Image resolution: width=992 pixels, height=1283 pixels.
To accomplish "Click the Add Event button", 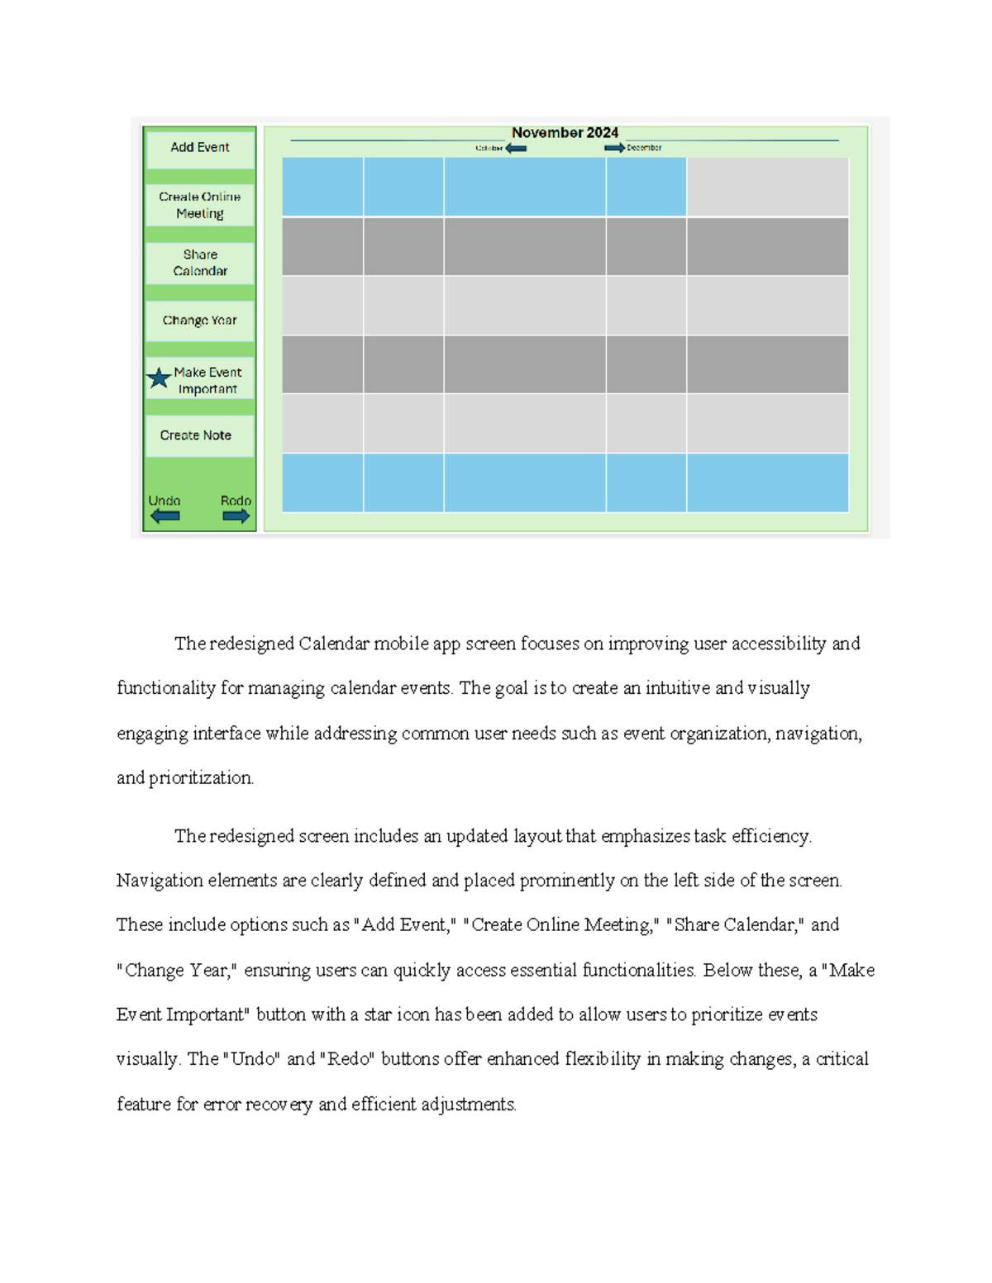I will (x=200, y=148).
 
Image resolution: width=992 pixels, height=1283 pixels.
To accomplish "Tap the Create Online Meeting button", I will (x=200, y=205).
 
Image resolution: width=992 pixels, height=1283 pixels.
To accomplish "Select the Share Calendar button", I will (x=200, y=263).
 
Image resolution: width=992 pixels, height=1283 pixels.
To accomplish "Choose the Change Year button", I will (x=200, y=321).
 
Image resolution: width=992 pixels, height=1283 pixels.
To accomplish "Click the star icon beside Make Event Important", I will (x=159, y=378).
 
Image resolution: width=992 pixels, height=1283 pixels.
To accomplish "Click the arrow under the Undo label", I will (x=165, y=516).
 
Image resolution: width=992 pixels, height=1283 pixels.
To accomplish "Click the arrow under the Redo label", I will (x=236, y=516).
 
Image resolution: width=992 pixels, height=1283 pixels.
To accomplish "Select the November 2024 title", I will (x=565, y=133).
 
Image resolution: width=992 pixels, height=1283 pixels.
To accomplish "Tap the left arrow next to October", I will (x=516, y=149).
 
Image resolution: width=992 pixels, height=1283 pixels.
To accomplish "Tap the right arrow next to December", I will (x=614, y=148).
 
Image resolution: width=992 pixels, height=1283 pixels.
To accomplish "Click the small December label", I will (x=644, y=148).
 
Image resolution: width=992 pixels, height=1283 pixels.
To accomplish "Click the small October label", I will (x=489, y=149).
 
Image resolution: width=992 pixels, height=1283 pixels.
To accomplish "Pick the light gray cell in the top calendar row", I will (x=767, y=187).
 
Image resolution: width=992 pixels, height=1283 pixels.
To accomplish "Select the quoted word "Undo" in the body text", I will (x=253, y=1059).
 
